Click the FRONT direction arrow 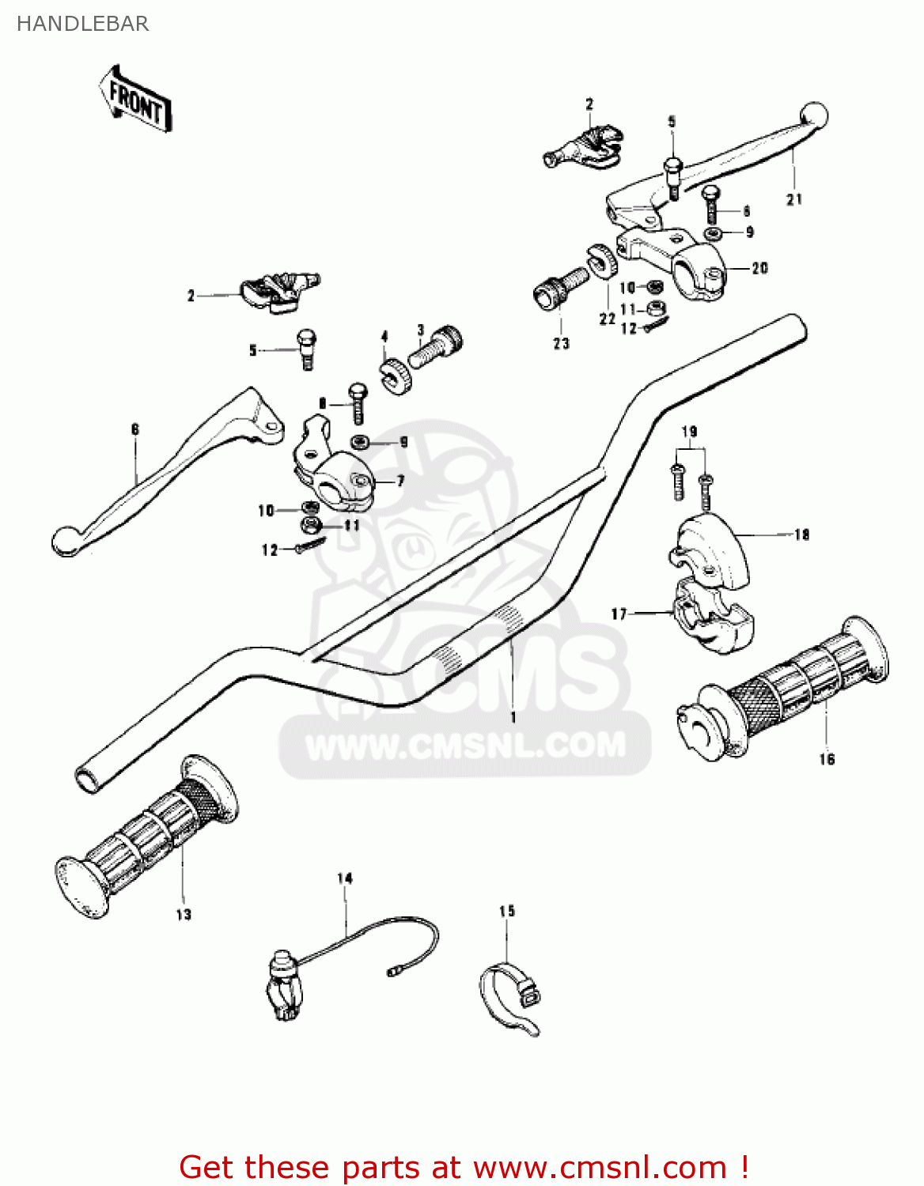135,100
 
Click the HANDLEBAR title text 82,24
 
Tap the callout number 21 794,200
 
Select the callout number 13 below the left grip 184,915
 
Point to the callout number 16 827,760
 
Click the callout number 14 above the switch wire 345,878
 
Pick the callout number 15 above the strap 507,912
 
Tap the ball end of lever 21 814,116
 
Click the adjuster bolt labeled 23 558,288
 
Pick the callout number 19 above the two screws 689,432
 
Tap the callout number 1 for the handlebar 513,717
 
